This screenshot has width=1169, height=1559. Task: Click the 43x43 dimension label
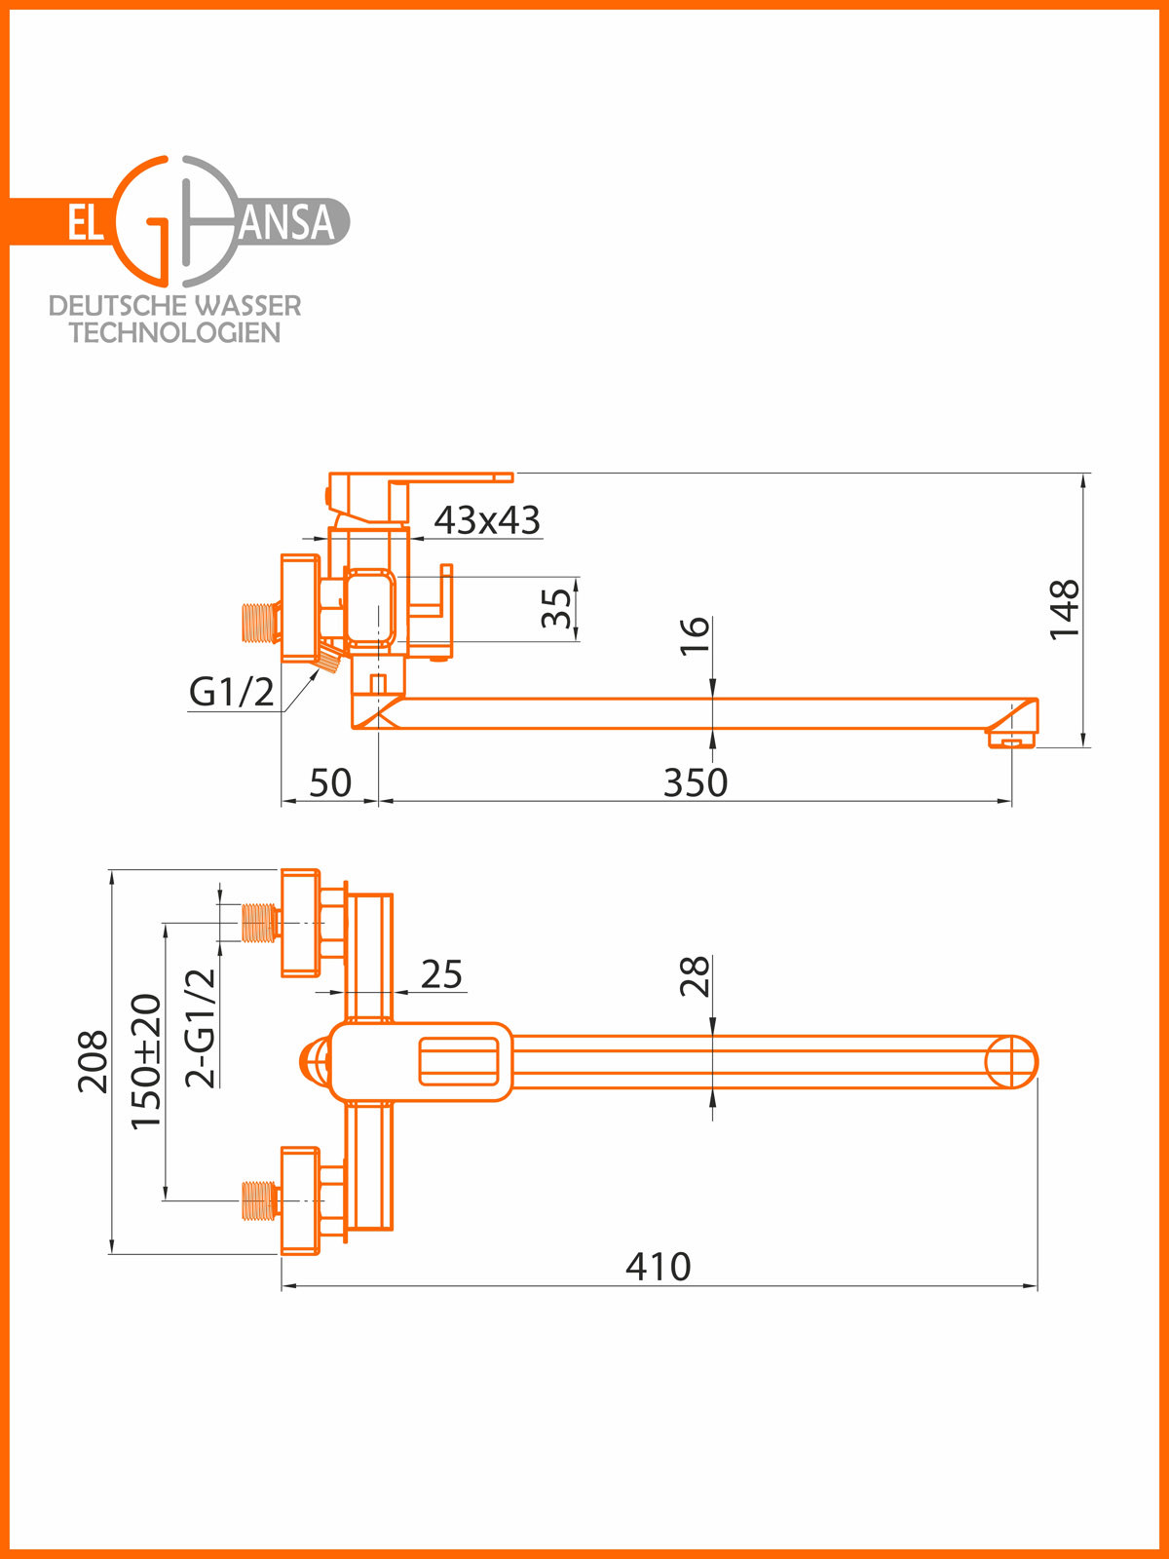[486, 520]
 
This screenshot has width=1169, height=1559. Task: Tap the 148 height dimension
[1065, 609]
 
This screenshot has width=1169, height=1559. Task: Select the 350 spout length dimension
[695, 782]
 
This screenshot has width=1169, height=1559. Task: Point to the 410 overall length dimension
[658, 1267]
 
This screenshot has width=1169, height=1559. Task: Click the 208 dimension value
[94, 1061]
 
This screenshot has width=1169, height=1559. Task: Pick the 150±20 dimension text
[146, 1061]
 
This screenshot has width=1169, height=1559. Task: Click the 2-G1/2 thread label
[201, 1028]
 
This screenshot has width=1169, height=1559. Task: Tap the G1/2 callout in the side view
[231, 692]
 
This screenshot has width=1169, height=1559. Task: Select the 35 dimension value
[556, 609]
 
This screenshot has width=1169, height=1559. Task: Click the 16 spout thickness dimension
[695, 635]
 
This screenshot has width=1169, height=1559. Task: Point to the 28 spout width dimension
[695, 976]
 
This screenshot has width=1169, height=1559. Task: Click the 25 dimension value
[441, 974]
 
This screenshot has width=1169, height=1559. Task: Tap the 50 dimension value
[329, 782]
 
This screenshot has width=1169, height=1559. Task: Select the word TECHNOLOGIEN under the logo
[174, 333]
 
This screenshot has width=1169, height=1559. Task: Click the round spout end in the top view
[1011, 1062]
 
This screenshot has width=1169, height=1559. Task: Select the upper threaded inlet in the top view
[259, 923]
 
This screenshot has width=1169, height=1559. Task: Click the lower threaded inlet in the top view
[259, 1200]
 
